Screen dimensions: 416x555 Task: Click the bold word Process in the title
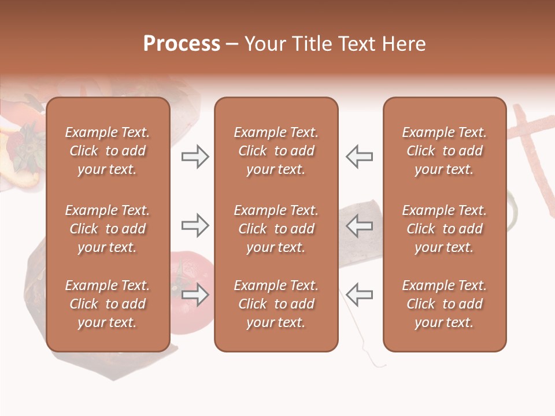click(x=182, y=44)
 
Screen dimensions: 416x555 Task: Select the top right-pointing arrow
click(x=195, y=157)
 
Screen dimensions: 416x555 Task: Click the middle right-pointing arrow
click(x=195, y=225)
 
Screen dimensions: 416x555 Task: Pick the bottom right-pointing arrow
click(x=195, y=295)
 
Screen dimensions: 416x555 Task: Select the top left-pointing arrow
click(x=359, y=157)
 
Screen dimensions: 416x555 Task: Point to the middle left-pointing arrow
click(x=359, y=225)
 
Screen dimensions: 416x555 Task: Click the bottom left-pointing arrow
click(x=359, y=295)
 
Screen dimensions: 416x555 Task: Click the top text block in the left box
click(x=108, y=151)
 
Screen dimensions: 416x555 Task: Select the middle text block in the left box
click(x=108, y=229)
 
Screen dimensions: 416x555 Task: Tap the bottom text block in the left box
click(x=108, y=304)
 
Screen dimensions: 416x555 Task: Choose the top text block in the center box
click(x=276, y=151)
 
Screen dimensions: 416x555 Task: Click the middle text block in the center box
click(x=276, y=229)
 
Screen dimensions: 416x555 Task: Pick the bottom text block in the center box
click(x=276, y=304)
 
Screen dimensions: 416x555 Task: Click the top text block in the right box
click(x=444, y=151)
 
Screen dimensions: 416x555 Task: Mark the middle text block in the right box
click(x=444, y=229)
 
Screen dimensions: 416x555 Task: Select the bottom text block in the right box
click(x=444, y=304)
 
